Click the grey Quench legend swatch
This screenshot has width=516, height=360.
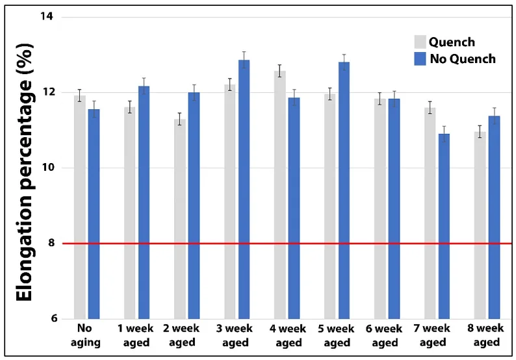click(x=420, y=42)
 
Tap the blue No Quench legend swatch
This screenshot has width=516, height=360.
click(x=420, y=59)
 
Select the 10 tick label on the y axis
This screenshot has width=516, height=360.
click(x=48, y=168)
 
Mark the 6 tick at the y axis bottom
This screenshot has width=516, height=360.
click(x=52, y=319)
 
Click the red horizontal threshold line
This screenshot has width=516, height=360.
click(x=292, y=244)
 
